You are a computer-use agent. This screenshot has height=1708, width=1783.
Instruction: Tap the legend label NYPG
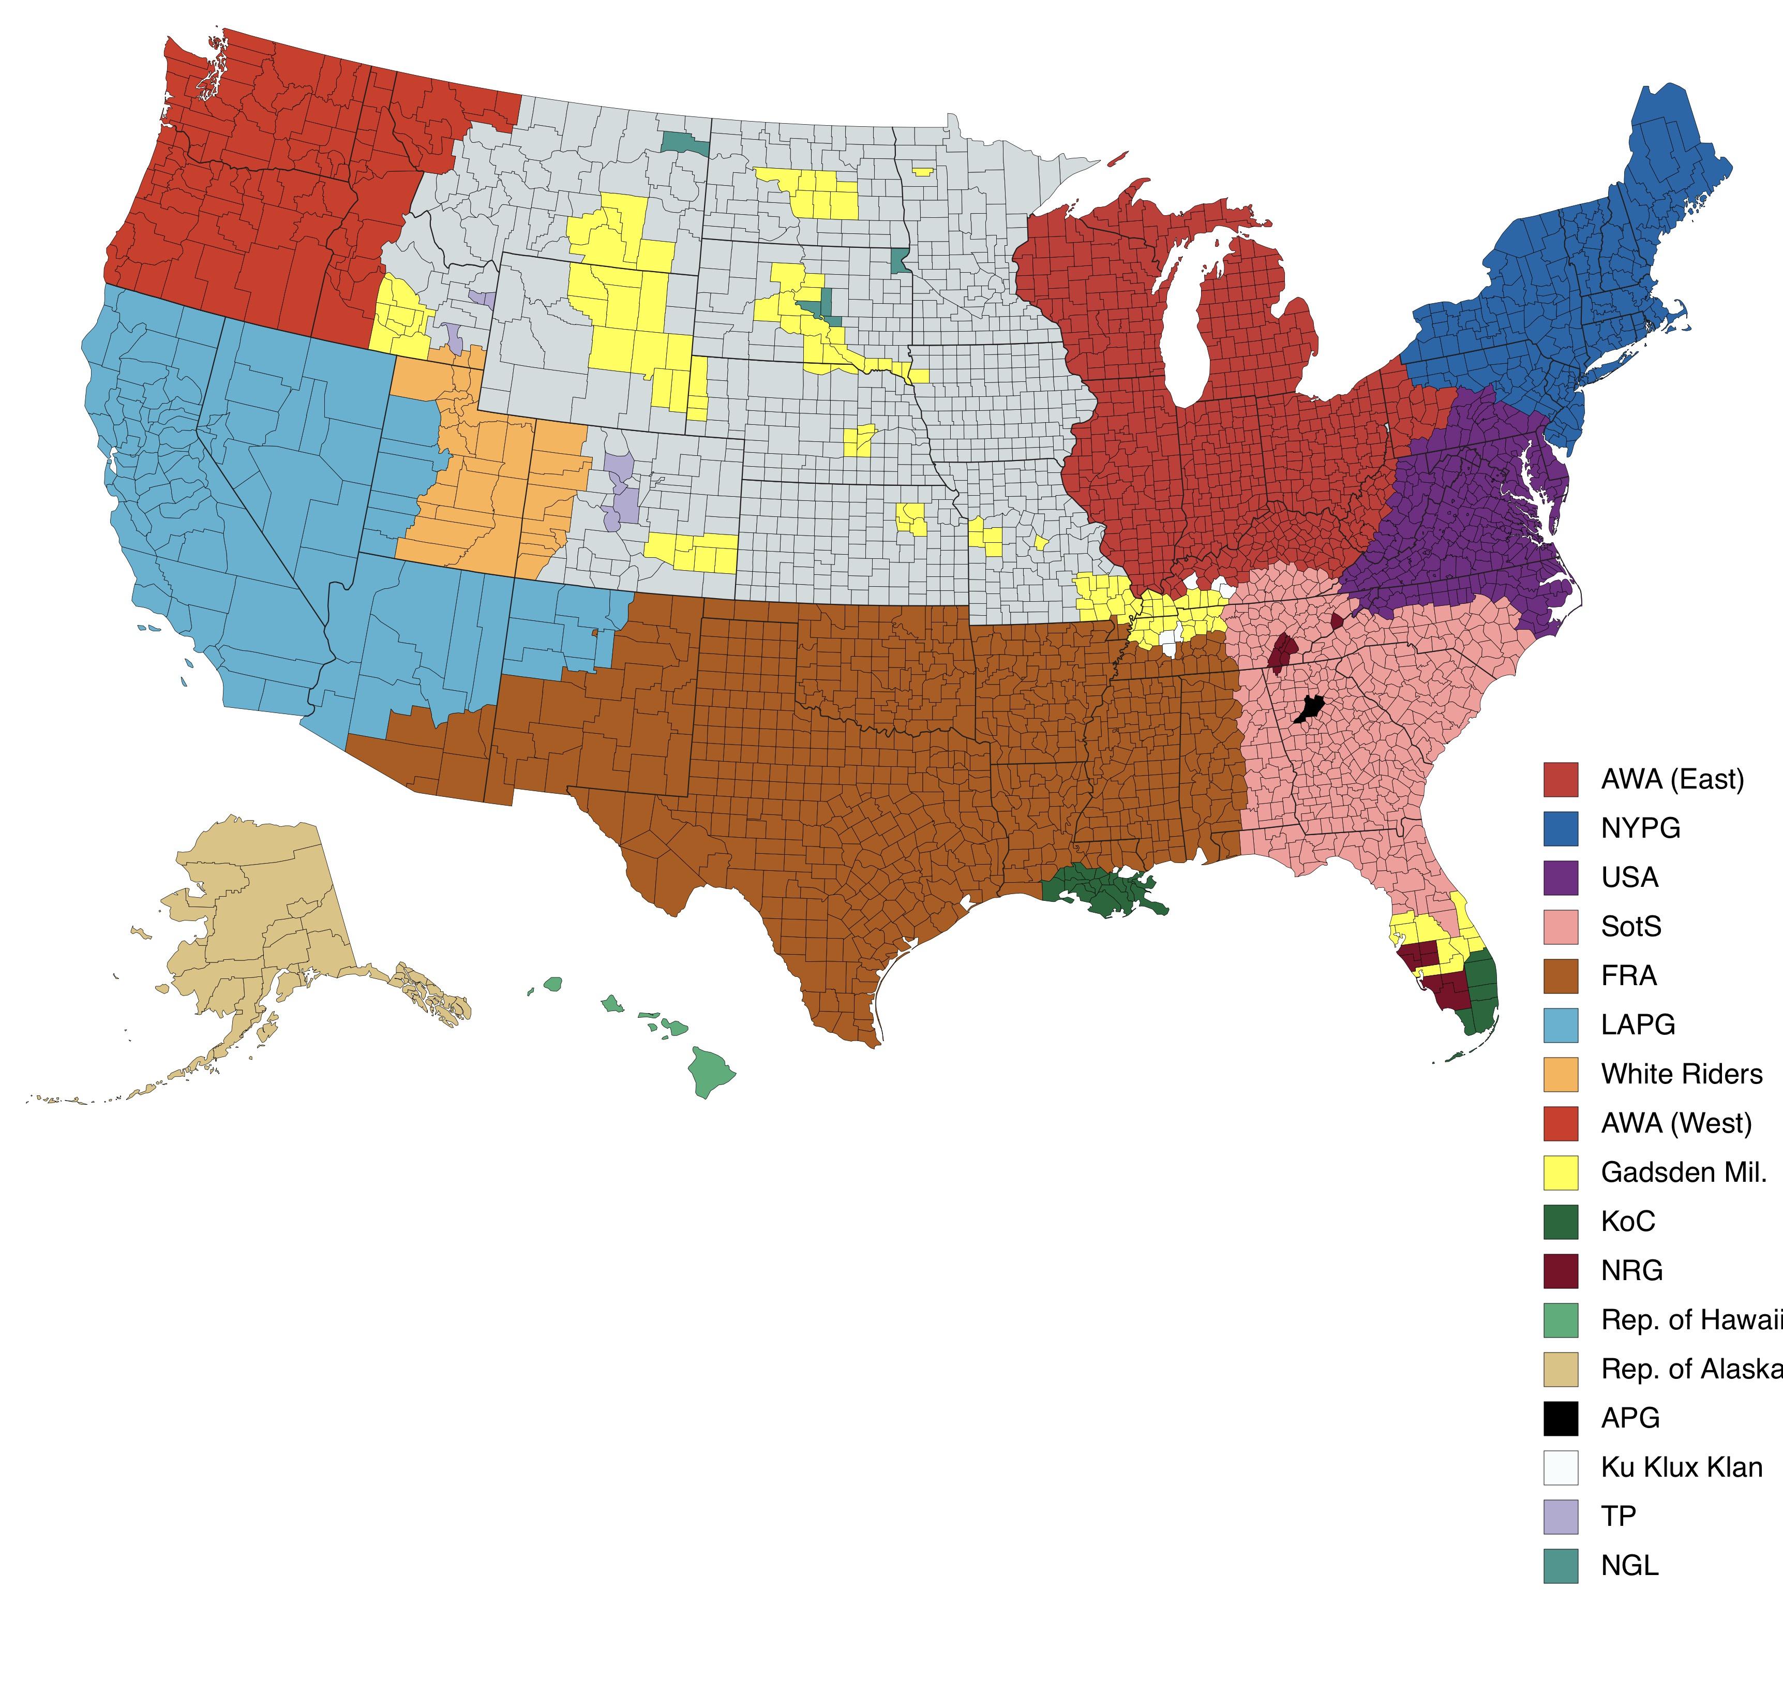tap(1640, 828)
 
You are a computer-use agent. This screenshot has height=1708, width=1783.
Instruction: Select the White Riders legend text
tap(1681, 1074)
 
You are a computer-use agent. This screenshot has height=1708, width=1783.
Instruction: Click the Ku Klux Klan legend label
tap(1681, 1467)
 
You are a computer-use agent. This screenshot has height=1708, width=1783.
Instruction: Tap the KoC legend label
tap(1627, 1221)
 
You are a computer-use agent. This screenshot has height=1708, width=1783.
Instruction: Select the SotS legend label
tap(1630, 926)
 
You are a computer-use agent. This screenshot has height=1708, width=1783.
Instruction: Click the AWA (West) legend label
tap(1675, 1123)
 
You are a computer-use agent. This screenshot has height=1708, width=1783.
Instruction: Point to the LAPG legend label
tap(1638, 1024)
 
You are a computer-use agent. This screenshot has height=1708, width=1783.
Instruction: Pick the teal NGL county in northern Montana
tap(684, 143)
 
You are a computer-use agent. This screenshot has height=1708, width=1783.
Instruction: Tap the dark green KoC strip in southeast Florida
tap(1483, 992)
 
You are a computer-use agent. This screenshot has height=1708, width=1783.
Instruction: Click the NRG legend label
tap(1631, 1270)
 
